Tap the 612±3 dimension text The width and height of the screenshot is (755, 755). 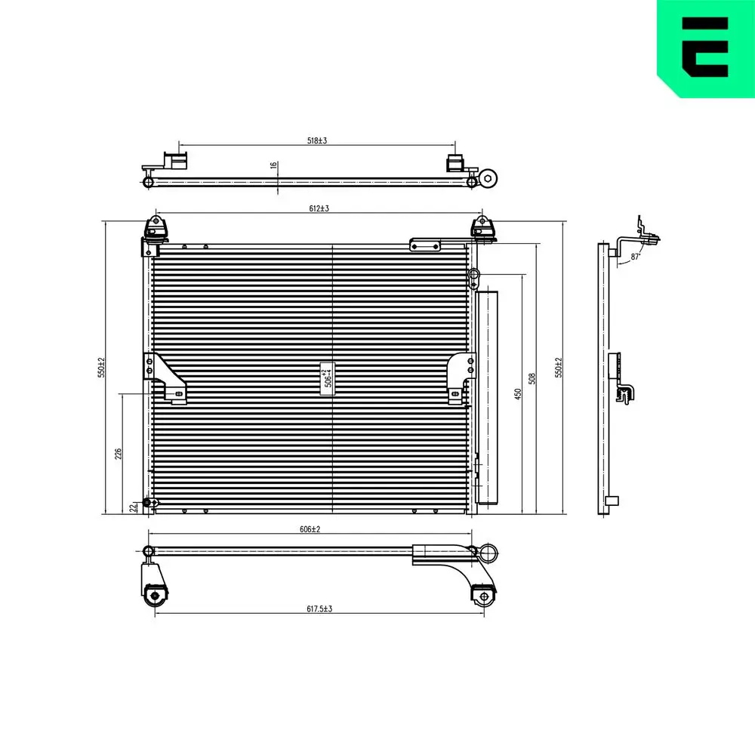(x=319, y=208)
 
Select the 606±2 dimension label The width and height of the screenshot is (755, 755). (x=310, y=530)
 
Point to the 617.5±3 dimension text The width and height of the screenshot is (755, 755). (x=318, y=609)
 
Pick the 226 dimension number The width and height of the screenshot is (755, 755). (x=118, y=454)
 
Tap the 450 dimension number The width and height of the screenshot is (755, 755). (x=518, y=394)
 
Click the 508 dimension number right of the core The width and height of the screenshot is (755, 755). (x=532, y=377)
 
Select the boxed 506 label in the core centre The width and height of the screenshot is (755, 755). (x=328, y=376)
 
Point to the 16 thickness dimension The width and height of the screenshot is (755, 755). (x=273, y=165)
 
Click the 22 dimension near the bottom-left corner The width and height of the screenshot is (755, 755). (x=134, y=507)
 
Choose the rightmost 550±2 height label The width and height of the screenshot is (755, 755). (x=559, y=368)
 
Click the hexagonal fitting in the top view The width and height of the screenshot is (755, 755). (x=488, y=179)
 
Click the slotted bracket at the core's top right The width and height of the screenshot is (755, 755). (x=426, y=245)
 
